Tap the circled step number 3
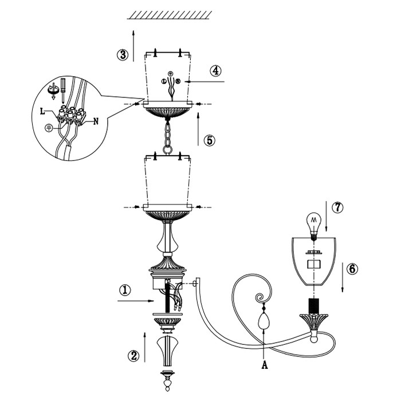(x=122, y=55)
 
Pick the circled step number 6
(x=353, y=268)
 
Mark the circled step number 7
(x=337, y=207)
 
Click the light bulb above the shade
(x=313, y=223)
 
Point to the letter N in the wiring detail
(x=96, y=121)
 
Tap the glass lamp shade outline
(x=313, y=261)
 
